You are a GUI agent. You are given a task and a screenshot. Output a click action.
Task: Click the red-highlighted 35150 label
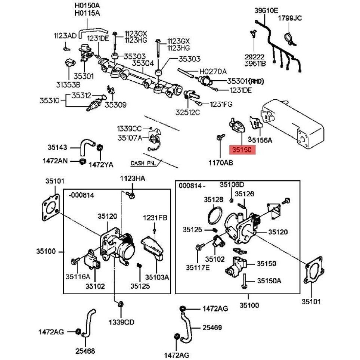tap(243, 150)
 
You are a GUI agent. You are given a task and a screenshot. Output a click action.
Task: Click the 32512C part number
tap(188, 112)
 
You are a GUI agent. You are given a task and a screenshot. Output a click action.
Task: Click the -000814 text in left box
tap(81, 195)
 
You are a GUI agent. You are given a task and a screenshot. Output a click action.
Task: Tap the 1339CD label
tap(121, 322)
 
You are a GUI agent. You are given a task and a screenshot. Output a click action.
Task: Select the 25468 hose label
tap(85, 351)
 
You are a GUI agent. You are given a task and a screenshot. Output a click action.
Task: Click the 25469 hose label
tap(212, 328)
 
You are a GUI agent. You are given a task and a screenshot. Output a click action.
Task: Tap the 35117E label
tap(198, 267)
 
